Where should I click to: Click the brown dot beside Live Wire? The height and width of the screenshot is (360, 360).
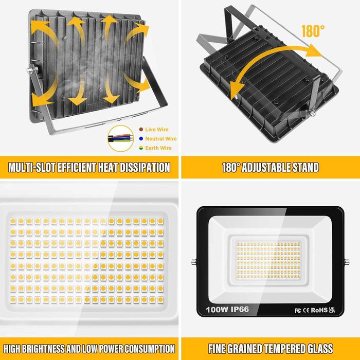(141, 130)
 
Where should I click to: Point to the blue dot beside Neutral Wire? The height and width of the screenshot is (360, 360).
(141, 139)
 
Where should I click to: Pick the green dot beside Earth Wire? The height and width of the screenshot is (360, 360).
(141, 148)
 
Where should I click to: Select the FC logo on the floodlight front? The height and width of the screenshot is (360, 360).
(297, 311)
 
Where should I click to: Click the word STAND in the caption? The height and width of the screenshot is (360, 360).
(305, 167)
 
